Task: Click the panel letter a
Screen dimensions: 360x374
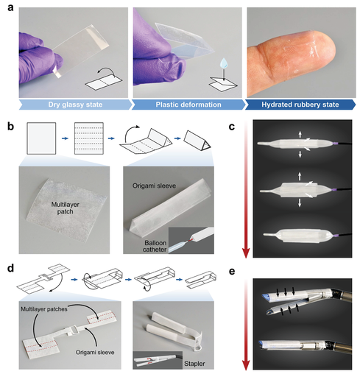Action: coord(10,7)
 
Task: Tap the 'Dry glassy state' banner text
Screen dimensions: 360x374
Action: coord(75,105)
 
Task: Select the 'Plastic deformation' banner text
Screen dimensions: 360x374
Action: coord(188,105)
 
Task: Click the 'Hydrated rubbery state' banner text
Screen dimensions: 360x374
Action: coord(300,105)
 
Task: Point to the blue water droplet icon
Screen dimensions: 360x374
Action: coord(224,63)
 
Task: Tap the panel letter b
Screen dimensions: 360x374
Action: coord(10,127)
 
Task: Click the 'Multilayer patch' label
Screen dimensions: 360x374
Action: coord(65,208)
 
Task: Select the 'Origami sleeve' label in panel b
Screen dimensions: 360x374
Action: coord(154,186)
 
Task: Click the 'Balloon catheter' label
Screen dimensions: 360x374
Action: coord(155,246)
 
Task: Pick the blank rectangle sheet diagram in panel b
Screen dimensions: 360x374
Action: coord(41,138)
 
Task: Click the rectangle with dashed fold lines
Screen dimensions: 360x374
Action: coord(89,138)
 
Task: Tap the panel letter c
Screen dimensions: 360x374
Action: coord(231,127)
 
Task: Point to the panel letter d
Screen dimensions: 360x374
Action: coord(10,268)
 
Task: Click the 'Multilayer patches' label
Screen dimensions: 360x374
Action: coord(44,309)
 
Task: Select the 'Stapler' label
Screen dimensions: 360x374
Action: coord(194,364)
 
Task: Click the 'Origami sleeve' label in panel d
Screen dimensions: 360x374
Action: coord(95,353)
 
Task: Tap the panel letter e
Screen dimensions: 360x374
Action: coord(232,272)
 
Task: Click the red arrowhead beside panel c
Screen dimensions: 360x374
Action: coord(246,253)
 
